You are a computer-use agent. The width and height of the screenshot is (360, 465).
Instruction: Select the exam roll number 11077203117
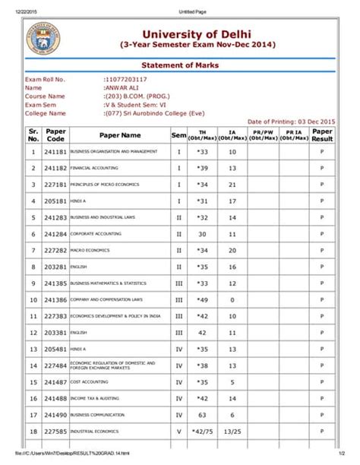[x=126, y=80]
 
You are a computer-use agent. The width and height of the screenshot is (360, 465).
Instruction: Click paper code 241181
[x=55, y=152]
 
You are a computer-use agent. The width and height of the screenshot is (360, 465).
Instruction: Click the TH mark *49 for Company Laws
[x=202, y=300]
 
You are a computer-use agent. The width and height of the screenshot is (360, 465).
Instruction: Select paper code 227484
[x=55, y=366]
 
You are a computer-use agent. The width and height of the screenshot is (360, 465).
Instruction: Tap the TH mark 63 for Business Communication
[x=202, y=416]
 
